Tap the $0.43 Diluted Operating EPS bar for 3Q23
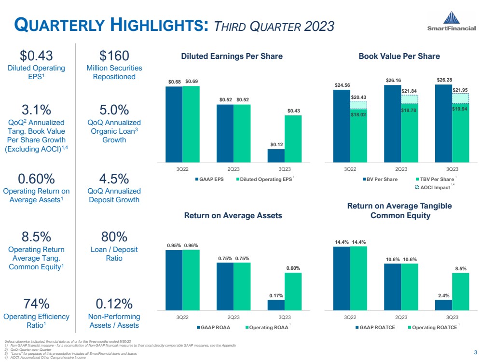[x=293, y=139]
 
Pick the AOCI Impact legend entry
[x=434, y=187]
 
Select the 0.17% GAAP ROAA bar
[x=276, y=305]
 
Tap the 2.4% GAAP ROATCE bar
[x=443, y=305]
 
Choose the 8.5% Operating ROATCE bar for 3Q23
[x=460, y=292]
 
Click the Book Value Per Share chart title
[x=399, y=56]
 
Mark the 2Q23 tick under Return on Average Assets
[x=234, y=317]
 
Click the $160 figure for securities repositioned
[x=111, y=56]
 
